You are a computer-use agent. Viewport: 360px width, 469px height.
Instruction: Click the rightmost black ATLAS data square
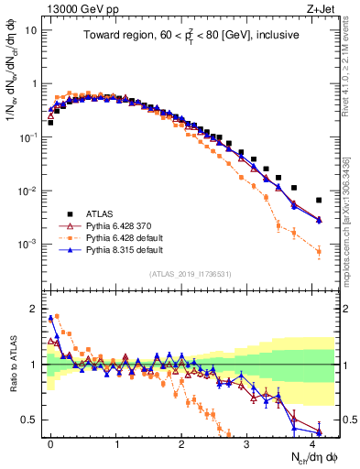[x=319, y=200]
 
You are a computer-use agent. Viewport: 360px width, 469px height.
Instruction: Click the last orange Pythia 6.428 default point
[x=319, y=251]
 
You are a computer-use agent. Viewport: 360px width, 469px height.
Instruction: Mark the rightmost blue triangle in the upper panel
[x=319, y=220]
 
